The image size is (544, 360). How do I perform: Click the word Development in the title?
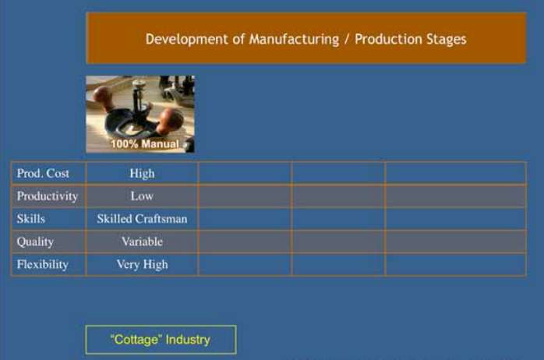[x=187, y=39]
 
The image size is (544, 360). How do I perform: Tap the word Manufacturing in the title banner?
[x=294, y=39]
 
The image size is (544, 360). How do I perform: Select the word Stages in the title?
[x=446, y=40]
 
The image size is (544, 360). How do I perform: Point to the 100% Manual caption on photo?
[x=145, y=143]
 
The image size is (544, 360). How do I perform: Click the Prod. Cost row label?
[x=43, y=173]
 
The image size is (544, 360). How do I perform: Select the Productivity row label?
[x=48, y=196]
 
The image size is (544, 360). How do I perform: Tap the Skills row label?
[x=31, y=218]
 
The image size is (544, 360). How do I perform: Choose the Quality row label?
[x=35, y=242]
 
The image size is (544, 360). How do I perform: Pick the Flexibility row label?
[x=42, y=264]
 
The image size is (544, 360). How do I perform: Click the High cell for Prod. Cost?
[x=142, y=174]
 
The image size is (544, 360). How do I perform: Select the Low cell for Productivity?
[x=142, y=196]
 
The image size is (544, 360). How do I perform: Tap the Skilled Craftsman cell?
[x=142, y=218]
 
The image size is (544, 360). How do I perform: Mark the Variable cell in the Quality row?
[x=142, y=242]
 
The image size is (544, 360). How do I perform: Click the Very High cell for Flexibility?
[x=142, y=265]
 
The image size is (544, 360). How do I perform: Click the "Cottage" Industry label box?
[x=161, y=340]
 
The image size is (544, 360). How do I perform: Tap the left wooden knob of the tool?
[x=103, y=98]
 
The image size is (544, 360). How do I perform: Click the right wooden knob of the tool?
[x=171, y=120]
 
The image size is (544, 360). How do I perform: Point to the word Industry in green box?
[x=188, y=340]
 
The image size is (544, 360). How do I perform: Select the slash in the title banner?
[x=347, y=40]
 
